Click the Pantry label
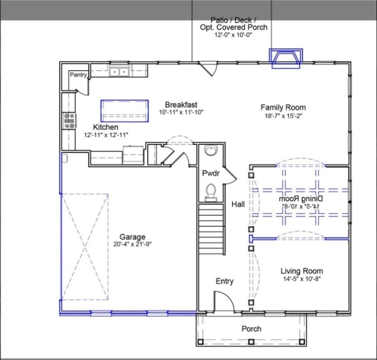pyautogui.click(x=78, y=75)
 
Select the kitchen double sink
pyautogui.click(x=119, y=72)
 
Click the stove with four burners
pyautogui.click(x=70, y=121)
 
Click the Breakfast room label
pyautogui.click(x=180, y=105)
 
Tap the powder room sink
pyautogui.click(x=210, y=151)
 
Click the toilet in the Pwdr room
pyautogui.click(x=211, y=191)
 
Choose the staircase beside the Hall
pyautogui.click(x=211, y=228)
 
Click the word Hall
pyautogui.click(x=238, y=204)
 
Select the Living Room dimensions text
pyautogui.click(x=302, y=278)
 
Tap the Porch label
pyautogui.click(x=251, y=329)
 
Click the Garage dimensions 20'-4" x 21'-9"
pyautogui.click(x=132, y=244)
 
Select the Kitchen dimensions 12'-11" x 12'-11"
pyautogui.click(x=106, y=135)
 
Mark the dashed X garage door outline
pyautogui.click(x=84, y=246)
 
